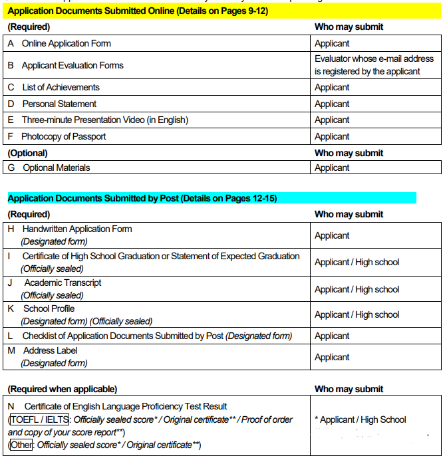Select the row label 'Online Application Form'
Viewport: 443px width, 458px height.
tap(67, 43)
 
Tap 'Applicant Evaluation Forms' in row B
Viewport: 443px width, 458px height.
tap(73, 65)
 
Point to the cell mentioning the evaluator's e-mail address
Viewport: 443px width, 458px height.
tap(373, 65)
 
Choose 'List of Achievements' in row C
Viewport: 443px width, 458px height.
tap(61, 87)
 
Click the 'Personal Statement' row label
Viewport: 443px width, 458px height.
tap(59, 104)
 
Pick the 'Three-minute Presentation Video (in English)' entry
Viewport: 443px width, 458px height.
tap(105, 120)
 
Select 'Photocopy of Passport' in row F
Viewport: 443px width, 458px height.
tap(63, 136)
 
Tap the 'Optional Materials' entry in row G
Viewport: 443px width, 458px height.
tap(56, 168)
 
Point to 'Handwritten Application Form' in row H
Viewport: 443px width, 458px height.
tap(76, 229)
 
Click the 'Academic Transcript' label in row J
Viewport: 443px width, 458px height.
tap(63, 283)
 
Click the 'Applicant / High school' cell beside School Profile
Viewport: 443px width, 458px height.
tap(357, 314)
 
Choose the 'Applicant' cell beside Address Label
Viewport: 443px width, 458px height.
tap(332, 357)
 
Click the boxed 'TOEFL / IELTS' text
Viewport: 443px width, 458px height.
tap(39, 419)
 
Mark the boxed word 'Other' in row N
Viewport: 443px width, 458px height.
tap(21, 445)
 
